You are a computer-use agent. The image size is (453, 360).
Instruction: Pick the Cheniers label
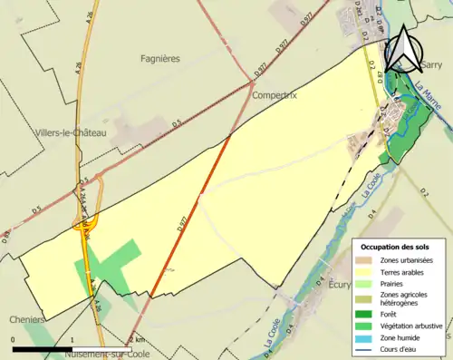pos(25,319)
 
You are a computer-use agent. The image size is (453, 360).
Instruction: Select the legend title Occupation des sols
pos(395,247)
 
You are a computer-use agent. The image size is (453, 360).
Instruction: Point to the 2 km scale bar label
pos(137,339)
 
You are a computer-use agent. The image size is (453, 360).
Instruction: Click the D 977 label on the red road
pos(184,233)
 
